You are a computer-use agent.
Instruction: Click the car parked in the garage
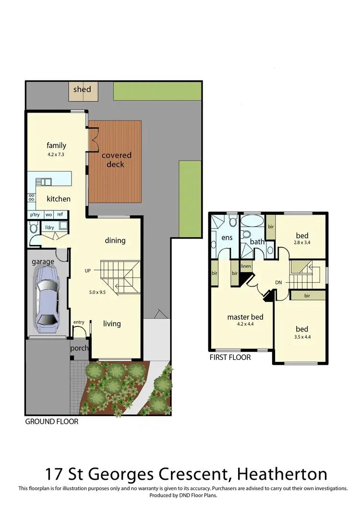pyautogui.click(x=47, y=300)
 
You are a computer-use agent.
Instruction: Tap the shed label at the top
pyautogui.click(x=82, y=89)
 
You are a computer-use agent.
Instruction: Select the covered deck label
pyautogui.click(x=116, y=160)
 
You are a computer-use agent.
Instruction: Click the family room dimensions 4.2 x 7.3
pyautogui.click(x=56, y=155)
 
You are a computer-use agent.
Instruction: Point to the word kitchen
pyautogui.click(x=59, y=198)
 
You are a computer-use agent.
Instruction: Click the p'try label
pyautogui.click(x=35, y=215)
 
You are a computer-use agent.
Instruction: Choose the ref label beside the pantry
pyautogui.click(x=60, y=215)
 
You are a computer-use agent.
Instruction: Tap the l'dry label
pyautogui.click(x=49, y=227)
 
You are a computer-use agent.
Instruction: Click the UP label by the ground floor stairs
pyautogui.click(x=87, y=271)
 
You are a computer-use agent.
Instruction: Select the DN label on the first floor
pyautogui.click(x=278, y=283)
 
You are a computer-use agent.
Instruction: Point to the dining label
pyautogui.click(x=115, y=240)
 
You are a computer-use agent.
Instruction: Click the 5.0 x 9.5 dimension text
pyautogui.click(x=97, y=292)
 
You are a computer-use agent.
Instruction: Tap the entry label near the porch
pyautogui.click(x=79, y=322)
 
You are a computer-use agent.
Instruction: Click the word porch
pyautogui.click(x=79, y=348)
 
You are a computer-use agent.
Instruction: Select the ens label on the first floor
pyautogui.click(x=227, y=238)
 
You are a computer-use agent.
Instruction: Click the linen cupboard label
pyautogui.click(x=246, y=266)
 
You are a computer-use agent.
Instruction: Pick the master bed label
pyautogui.click(x=245, y=317)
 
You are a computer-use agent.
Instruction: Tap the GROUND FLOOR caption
pyautogui.click(x=51, y=422)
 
